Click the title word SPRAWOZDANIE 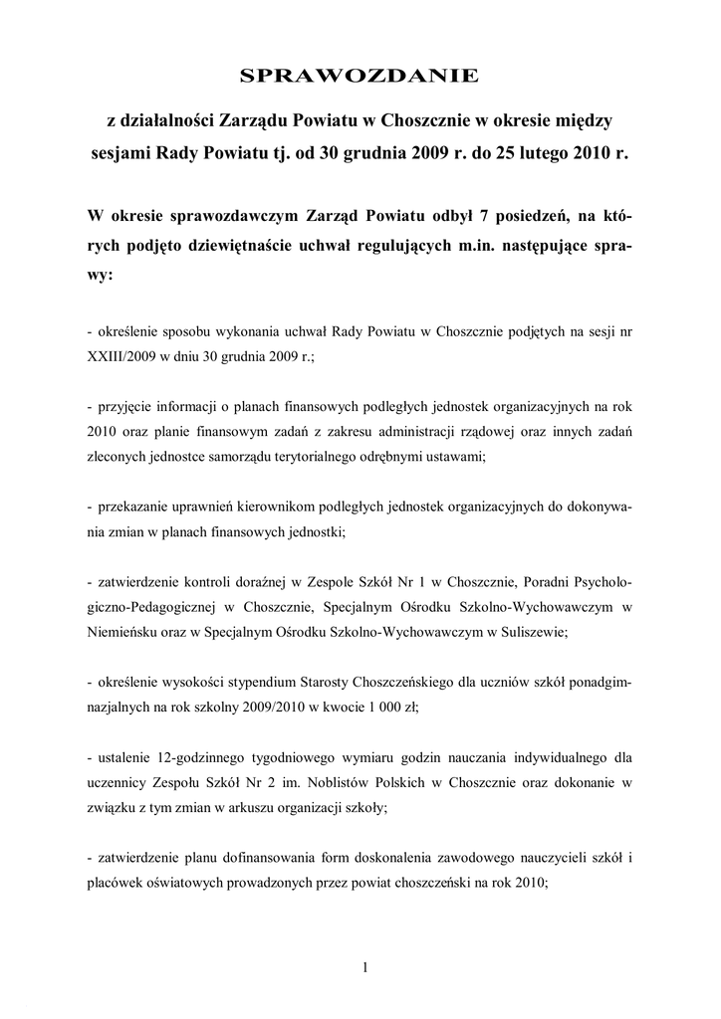coord(360,76)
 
